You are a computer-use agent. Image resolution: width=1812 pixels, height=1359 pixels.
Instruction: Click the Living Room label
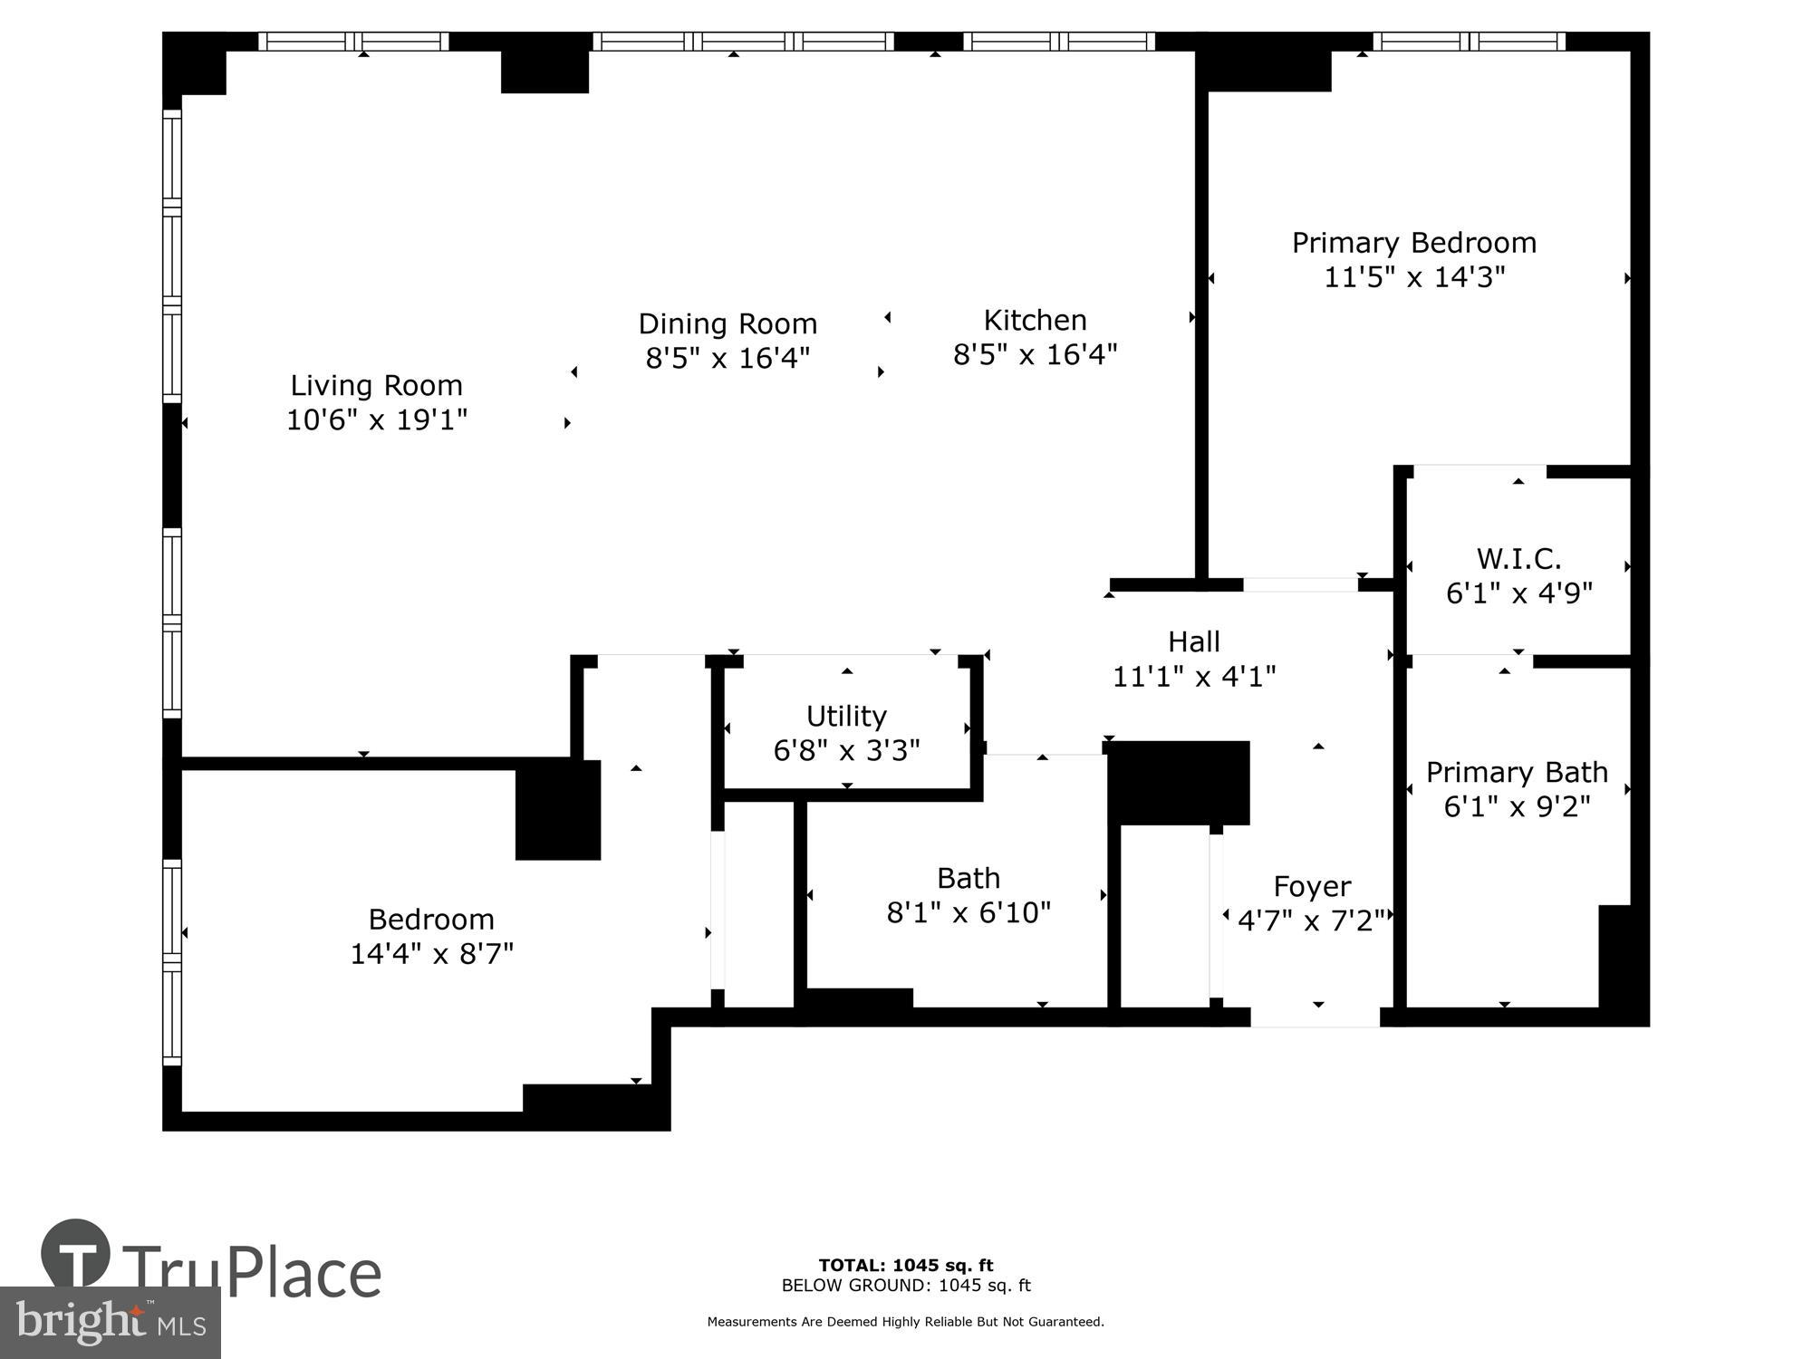point(376,386)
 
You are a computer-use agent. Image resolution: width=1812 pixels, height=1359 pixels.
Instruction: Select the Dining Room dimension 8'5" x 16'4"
point(727,359)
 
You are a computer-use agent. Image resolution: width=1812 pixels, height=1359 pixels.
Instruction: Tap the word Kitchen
point(1035,321)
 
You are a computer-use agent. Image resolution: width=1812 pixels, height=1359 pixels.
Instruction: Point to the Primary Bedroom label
point(1413,243)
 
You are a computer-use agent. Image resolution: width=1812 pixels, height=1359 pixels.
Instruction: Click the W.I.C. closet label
point(1518,558)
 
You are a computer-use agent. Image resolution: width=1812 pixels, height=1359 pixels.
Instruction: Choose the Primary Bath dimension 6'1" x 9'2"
point(1517,806)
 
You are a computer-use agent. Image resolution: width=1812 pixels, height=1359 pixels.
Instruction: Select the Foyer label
point(1312,886)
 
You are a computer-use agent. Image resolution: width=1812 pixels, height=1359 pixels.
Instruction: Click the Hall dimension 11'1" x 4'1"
point(1194,677)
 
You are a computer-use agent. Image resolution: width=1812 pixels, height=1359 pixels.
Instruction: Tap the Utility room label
point(846,717)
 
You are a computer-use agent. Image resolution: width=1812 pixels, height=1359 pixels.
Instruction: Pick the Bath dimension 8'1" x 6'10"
point(969,912)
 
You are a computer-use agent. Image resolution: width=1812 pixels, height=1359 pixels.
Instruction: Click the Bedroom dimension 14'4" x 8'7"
point(431,954)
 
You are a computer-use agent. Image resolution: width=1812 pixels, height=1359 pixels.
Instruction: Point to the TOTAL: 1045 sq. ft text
point(905,1266)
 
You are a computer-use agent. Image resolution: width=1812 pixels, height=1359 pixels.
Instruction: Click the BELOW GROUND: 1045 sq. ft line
point(905,1286)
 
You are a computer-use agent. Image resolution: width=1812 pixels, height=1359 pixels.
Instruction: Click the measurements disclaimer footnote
point(905,1322)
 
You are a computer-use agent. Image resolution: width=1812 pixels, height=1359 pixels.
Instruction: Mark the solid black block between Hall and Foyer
point(1178,781)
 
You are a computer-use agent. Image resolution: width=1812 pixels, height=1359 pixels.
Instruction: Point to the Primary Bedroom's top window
point(1469,41)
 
